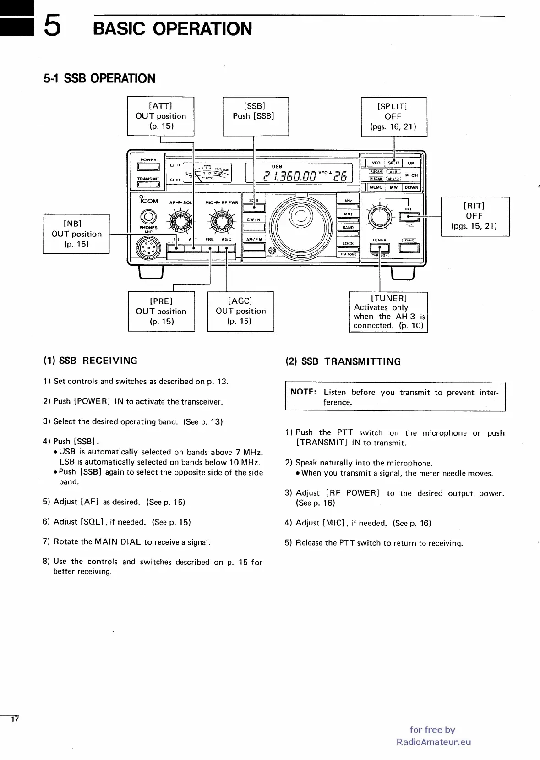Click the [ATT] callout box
160,116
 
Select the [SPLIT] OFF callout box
394,116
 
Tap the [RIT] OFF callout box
475,216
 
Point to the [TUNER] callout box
388,312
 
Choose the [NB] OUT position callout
76,234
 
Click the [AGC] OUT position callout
240,311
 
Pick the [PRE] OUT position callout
161,311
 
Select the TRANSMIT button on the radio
148,185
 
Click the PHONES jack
148,217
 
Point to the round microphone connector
148,249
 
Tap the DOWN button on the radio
411,187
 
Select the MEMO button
376,187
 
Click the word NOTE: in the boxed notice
304,392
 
